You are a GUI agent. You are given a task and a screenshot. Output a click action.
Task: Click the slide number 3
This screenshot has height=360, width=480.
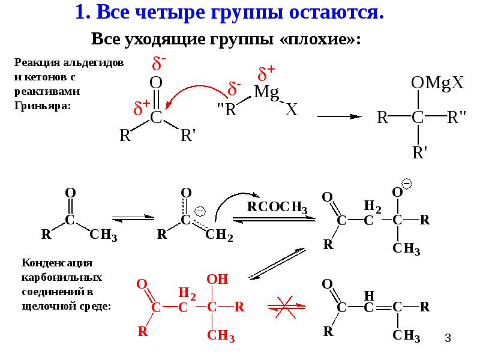(x=448, y=338)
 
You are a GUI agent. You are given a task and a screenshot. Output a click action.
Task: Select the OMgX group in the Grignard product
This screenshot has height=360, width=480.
(x=437, y=83)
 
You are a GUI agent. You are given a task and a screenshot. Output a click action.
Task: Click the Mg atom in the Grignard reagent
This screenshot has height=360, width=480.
(x=266, y=92)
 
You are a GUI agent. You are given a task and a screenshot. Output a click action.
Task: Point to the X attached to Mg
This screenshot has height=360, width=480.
(x=292, y=109)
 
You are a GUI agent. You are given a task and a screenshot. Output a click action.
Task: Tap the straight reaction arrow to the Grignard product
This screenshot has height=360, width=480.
(x=340, y=116)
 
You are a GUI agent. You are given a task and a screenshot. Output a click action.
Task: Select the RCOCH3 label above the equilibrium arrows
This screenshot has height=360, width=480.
(x=277, y=207)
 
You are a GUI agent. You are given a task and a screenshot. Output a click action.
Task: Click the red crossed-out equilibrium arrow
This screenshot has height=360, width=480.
(x=286, y=307)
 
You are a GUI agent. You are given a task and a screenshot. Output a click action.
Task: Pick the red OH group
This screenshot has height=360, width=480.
(x=217, y=279)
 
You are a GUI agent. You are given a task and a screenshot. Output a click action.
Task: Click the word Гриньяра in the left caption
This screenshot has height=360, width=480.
(x=42, y=106)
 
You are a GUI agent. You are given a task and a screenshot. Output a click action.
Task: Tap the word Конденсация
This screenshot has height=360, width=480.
(x=57, y=263)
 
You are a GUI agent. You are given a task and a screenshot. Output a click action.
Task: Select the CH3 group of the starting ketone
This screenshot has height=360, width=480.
(x=103, y=235)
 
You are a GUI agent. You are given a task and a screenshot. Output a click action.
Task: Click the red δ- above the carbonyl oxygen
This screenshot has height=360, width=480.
(x=159, y=64)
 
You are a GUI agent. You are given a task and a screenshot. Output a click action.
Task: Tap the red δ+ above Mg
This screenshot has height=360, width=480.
(x=266, y=73)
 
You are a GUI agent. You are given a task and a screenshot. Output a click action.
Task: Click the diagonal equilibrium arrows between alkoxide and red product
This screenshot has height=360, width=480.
(x=277, y=264)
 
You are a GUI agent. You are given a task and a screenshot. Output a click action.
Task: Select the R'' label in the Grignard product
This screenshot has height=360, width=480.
(x=456, y=117)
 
